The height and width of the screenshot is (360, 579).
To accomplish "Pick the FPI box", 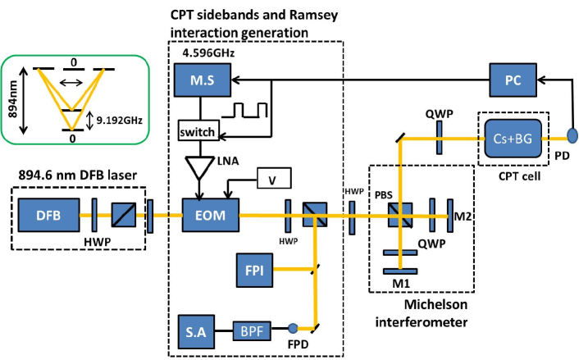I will click(x=249, y=269).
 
